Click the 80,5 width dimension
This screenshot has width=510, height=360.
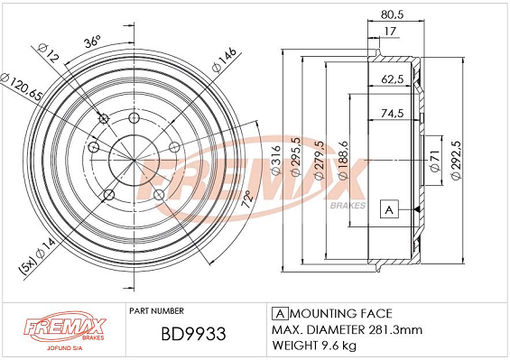click(x=390, y=14)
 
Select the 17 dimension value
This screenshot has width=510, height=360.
click(x=390, y=32)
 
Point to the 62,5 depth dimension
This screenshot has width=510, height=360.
click(x=391, y=80)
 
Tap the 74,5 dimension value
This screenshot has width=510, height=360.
click(x=391, y=115)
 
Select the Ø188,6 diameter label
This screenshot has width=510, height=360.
click(x=341, y=156)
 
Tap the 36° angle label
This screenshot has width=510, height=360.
click(x=92, y=42)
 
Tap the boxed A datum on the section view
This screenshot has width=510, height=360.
click(x=389, y=209)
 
